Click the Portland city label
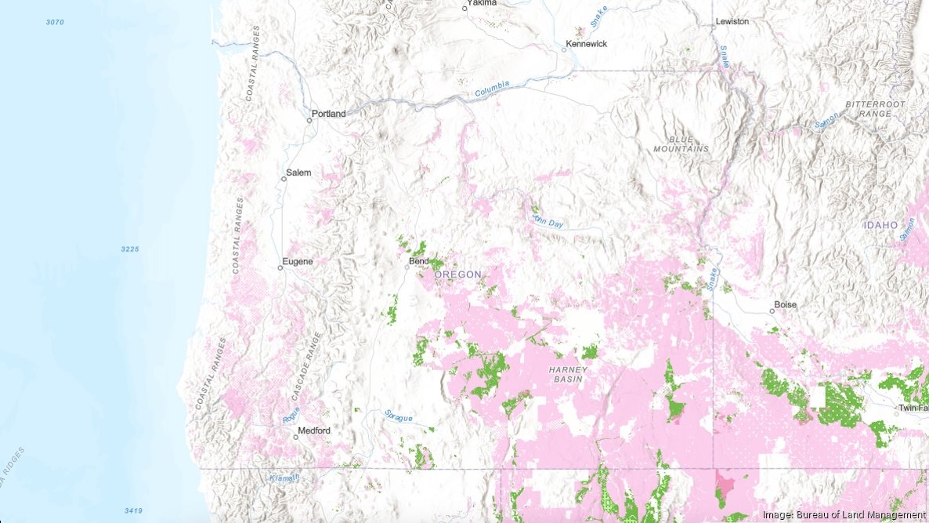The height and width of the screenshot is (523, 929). point(328,114)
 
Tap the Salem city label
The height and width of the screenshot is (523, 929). point(298,173)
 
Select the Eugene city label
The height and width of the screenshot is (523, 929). point(298,261)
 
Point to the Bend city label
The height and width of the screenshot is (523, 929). point(419,261)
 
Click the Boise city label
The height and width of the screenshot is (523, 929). point(785,304)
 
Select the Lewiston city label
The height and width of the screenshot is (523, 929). point(732,21)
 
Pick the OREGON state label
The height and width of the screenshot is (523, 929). point(458,274)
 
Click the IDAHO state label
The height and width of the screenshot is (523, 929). point(880,225)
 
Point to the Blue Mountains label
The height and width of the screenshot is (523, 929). point(681,143)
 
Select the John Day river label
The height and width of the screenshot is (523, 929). point(548,219)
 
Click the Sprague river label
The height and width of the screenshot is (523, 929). point(398,416)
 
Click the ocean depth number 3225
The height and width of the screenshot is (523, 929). point(129,249)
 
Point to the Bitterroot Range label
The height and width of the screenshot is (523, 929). point(875,109)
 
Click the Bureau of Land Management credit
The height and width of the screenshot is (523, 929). point(844,514)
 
